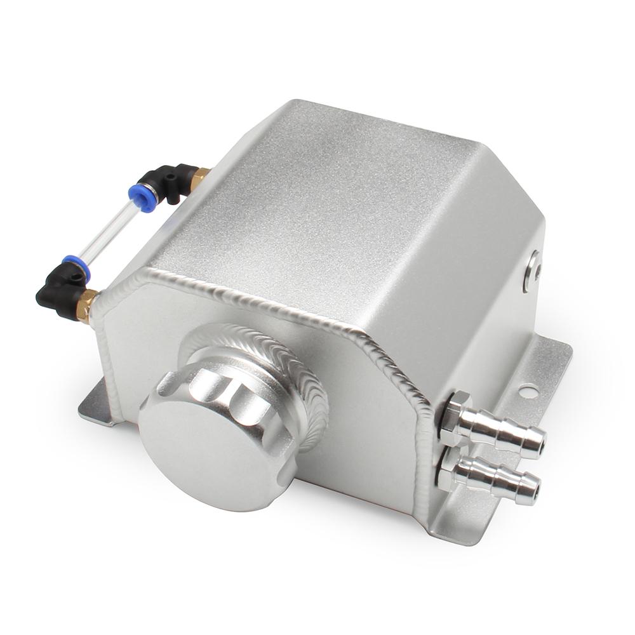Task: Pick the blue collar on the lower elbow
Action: (76, 267)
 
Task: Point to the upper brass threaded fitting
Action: (199, 177)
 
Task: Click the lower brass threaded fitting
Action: (87, 305)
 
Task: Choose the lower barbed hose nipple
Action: (498, 479)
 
